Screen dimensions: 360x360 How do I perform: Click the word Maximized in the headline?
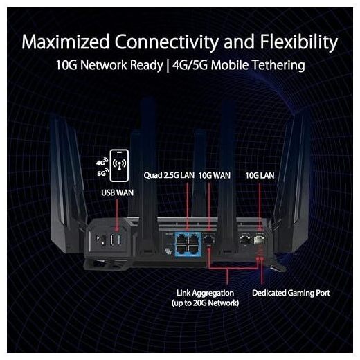coord(65,42)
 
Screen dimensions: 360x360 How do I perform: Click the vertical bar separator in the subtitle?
coord(168,66)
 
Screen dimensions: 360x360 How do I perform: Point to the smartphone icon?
coord(119,165)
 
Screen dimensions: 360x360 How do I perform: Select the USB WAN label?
coord(117,192)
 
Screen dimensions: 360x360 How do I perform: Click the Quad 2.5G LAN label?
coord(169,175)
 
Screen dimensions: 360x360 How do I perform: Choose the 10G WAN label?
coord(215,176)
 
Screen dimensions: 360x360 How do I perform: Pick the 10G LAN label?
coord(260,176)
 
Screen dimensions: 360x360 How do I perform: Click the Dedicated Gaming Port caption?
coord(291,293)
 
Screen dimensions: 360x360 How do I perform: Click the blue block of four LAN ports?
coord(188,244)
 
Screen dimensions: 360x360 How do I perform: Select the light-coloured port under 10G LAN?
coord(259,240)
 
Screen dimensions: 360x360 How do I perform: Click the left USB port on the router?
coord(112,240)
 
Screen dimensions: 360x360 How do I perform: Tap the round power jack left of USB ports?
coord(98,238)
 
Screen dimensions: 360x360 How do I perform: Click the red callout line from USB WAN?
coord(117,215)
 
